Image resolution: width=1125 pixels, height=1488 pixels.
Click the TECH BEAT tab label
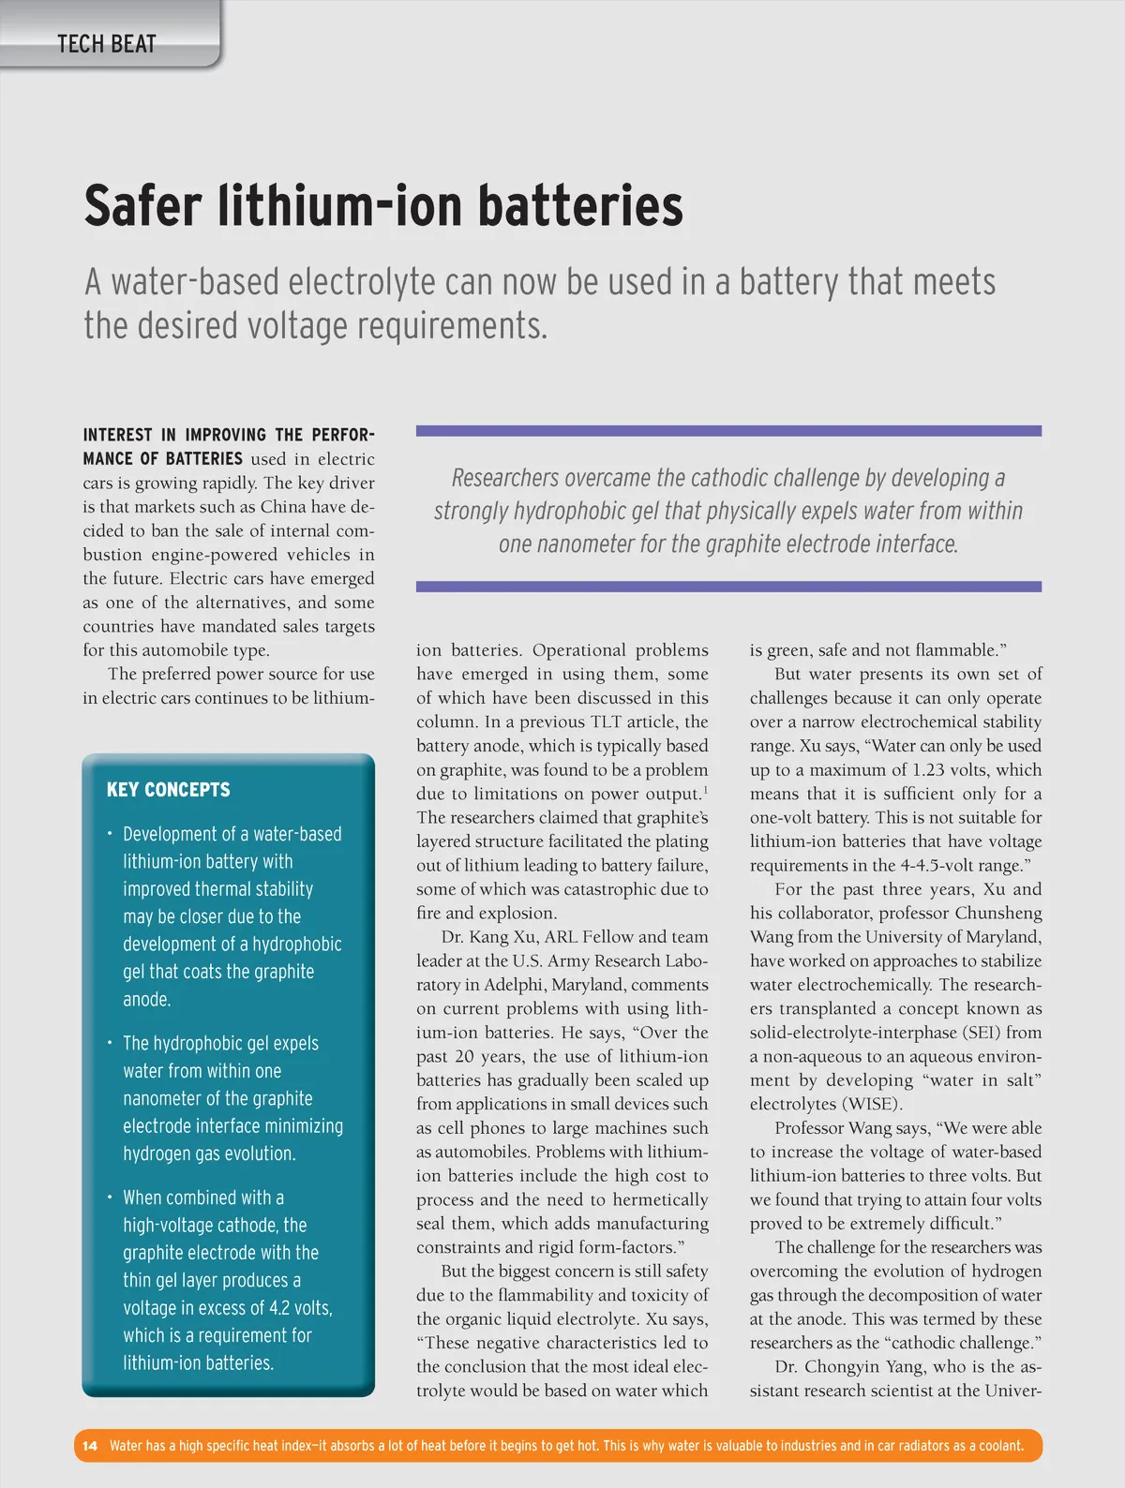pyautogui.click(x=106, y=44)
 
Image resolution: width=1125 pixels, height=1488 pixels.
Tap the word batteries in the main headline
pyautogui.click(x=580, y=206)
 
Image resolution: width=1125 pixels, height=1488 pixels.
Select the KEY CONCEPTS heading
pyautogui.click(x=168, y=789)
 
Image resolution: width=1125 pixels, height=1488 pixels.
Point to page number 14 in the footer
pyautogui.click(x=90, y=1446)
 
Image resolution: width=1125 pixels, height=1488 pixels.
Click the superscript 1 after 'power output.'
pyautogui.click(x=705, y=790)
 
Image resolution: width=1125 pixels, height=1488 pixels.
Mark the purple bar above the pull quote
pyautogui.click(x=728, y=431)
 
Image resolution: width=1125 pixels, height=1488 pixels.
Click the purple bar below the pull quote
pyautogui.click(x=728, y=587)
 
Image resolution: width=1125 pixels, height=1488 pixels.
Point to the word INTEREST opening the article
pyautogui.click(x=117, y=436)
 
